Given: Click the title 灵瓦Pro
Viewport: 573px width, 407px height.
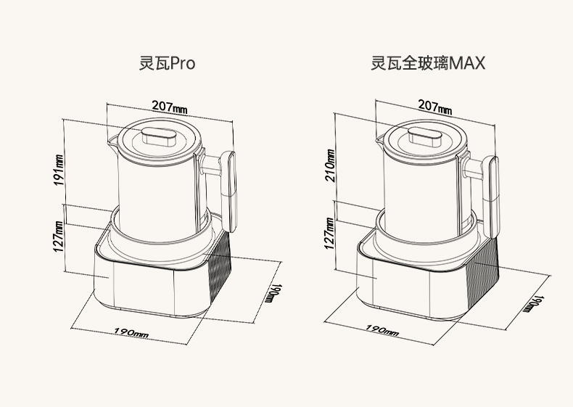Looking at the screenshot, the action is pos(167,63).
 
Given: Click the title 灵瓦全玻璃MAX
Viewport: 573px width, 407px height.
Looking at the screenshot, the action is pos(428,63).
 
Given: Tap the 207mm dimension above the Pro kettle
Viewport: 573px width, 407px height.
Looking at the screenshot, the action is pos(170,107).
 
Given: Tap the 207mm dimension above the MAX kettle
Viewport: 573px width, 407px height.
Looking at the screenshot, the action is pos(435,107).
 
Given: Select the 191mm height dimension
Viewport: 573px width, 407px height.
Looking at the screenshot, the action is pos(59,170).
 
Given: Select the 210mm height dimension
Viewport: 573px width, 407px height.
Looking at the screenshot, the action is pos(329,165).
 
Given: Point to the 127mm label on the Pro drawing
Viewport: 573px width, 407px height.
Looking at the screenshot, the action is pos(59,237).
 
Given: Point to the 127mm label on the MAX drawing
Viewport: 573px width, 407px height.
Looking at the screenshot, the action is pos(329,234).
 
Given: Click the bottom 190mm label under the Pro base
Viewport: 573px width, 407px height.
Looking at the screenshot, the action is pos(131,332).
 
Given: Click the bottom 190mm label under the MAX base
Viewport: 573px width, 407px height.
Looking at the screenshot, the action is pos(382,329).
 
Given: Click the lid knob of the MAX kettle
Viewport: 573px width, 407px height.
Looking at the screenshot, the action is pos(424,137).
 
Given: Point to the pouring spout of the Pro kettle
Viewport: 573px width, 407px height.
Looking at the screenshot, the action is pos(112,141).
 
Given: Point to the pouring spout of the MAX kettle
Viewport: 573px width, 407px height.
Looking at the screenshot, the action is pos(379,139).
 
